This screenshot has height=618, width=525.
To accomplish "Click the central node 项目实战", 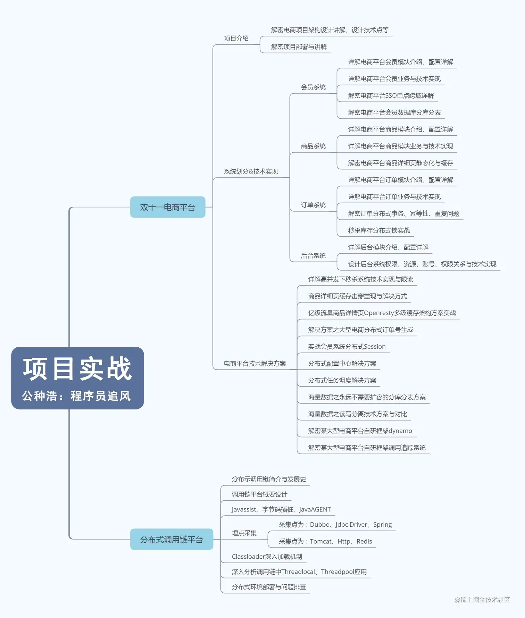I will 77,378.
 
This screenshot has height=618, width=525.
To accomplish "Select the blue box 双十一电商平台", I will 168,207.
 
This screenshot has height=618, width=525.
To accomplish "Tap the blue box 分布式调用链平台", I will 172,539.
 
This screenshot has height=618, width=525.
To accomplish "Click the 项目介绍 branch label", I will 236,39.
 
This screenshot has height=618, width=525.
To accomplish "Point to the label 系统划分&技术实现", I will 251,171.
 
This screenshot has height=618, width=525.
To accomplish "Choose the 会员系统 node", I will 313,87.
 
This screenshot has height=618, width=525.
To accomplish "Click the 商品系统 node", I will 313,146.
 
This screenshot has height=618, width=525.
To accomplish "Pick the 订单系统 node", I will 313,205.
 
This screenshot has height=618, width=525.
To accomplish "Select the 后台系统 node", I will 313,256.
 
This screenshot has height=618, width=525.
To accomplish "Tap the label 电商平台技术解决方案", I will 255,363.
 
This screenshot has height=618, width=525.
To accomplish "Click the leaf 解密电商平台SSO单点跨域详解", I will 391,95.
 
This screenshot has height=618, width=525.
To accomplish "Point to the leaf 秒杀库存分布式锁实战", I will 379,230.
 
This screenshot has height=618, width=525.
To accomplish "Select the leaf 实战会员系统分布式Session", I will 347,346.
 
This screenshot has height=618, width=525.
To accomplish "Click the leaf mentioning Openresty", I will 382,313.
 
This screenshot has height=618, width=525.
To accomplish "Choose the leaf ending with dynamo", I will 360,431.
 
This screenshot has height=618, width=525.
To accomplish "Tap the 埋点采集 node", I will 244,533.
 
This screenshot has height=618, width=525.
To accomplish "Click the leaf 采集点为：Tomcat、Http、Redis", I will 325,541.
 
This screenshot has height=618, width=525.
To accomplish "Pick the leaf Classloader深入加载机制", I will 267,557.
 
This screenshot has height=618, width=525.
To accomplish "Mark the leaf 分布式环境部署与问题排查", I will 269,587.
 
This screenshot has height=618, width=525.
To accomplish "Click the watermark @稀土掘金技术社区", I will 482,600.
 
